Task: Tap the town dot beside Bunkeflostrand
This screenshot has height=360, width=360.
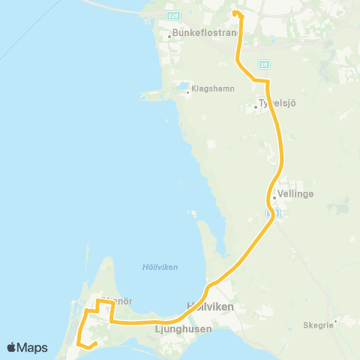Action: point(170,34)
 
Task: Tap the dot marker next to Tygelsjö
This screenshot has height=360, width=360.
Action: point(256,106)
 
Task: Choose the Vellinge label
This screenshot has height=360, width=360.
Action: point(295,193)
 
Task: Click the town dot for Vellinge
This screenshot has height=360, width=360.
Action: point(274,198)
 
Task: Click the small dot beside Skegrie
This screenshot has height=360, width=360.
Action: point(335,322)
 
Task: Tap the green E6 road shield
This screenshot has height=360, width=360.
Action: point(264,64)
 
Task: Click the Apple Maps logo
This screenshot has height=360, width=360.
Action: point(27,347)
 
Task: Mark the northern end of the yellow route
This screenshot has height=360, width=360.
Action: point(235,13)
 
